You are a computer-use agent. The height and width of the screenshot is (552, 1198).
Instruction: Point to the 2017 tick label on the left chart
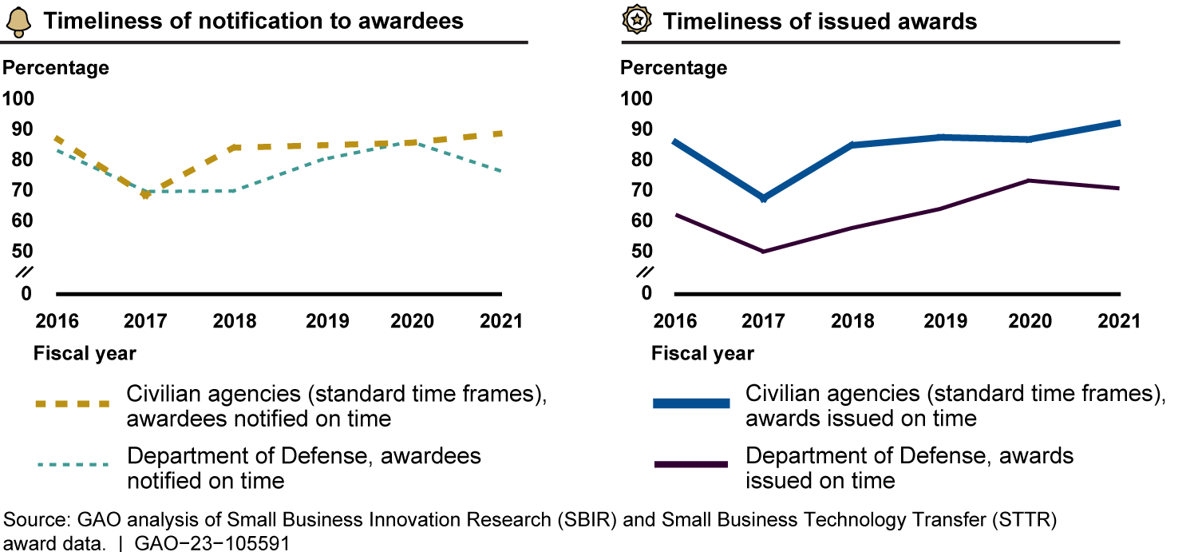pyautogui.click(x=144, y=321)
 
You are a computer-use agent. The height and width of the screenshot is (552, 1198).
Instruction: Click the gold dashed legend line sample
pyautogui.click(x=72, y=404)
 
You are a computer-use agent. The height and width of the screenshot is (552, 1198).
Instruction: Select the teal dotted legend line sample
pyautogui.click(x=72, y=464)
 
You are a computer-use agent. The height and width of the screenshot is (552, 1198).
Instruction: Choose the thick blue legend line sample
pyautogui.click(x=690, y=404)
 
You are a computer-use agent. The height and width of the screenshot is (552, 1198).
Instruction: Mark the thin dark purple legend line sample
pyautogui.click(x=690, y=464)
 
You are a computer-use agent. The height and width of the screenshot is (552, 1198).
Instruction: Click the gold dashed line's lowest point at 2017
pyautogui.click(x=144, y=196)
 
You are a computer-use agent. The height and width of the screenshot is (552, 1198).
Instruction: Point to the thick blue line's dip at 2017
pyautogui.click(x=764, y=198)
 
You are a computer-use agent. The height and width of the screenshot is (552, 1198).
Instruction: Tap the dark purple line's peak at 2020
pyautogui.click(x=1030, y=181)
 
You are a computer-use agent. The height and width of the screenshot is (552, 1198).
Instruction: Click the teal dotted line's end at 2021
pyautogui.click(x=500, y=172)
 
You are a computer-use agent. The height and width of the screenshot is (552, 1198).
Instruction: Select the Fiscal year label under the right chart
pyautogui.click(x=702, y=353)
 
